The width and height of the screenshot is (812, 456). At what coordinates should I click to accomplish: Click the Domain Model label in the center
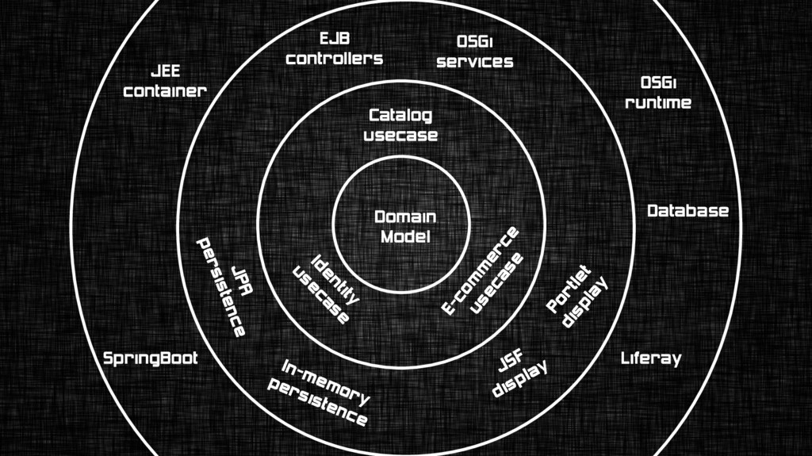point(405,227)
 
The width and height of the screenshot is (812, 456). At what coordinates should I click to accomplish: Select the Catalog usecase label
point(400,125)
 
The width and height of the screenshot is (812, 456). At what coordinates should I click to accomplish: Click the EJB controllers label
point(335,49)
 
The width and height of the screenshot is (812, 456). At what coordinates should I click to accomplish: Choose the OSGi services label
point(475,52)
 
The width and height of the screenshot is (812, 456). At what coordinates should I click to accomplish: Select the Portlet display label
point(577,294)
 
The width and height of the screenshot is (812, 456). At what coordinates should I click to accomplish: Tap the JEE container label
point(165,82)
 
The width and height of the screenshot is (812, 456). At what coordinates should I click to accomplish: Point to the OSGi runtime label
point(658,93)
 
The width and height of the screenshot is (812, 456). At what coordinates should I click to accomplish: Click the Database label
point(688,211)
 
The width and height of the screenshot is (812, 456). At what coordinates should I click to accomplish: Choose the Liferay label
point(650,358)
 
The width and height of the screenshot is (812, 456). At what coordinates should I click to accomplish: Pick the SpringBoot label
point(151,358)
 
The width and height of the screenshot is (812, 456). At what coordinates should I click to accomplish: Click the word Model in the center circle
point(405,236)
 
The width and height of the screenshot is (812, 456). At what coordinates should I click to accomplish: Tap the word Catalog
point(400,116)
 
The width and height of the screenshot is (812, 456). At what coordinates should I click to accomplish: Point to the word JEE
point(165,72)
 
